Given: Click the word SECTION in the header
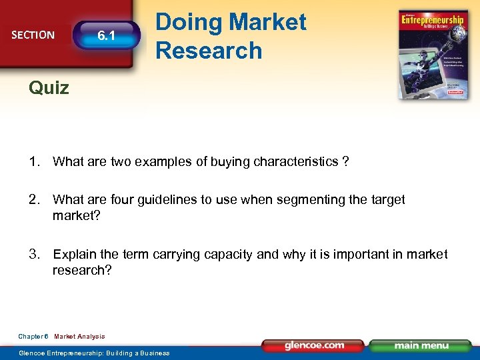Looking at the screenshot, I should coord(33,35).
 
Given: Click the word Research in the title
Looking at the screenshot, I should coord(209,50).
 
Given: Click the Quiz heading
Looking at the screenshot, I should coord(49,87).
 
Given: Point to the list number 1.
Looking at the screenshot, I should coord(34,162).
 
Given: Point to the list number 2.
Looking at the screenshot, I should coord(34,199).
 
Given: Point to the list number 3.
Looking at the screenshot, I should coord(34,254).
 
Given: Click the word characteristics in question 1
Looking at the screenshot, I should coord(296,162).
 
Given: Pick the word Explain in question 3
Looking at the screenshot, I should coord(74,254).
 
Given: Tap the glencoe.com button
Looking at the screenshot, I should coord(313,346).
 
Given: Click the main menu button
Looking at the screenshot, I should coord(421,346).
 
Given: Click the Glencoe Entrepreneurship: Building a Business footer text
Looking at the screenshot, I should coord(94,353).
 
